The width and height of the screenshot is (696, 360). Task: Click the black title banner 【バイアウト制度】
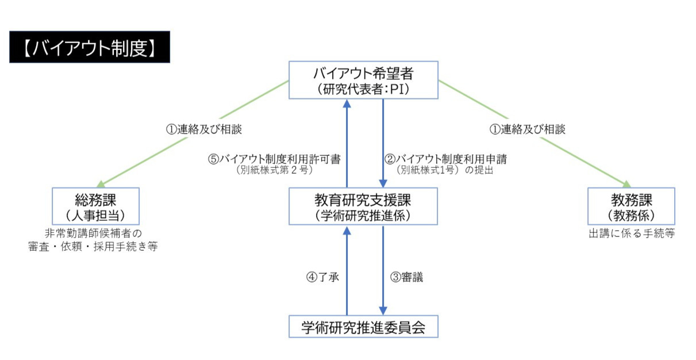click(x=90, y=47)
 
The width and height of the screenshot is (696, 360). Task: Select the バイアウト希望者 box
click(x=364, y=80)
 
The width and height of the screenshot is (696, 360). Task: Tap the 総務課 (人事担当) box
click(x=96, y=206)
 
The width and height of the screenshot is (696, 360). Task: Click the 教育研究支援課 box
click(x=363, y=206)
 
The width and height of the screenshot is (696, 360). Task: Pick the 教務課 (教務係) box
click(x=632, y=206)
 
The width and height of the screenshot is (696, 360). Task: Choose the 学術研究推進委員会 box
click(x=364, y=327)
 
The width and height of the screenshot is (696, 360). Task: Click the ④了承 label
click(x=322, y=277)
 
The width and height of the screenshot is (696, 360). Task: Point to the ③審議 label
click(x=406, y=277)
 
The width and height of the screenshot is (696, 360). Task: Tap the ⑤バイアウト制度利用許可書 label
click(x=274, y=159)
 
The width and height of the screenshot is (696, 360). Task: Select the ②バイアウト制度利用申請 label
click(x=445, y=159)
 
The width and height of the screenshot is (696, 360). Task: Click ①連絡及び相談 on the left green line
click(x=204, y=129)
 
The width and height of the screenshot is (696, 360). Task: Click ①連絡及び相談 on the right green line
click(x=528, y=129)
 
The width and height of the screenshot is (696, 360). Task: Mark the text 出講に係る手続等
click(x=632, y=233)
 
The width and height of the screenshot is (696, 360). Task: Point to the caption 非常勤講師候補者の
click(x=93, y=233)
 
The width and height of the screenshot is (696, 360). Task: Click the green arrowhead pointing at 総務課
click(x=101, y=185)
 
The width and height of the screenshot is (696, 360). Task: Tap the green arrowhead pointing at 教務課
click(x=626, y=184)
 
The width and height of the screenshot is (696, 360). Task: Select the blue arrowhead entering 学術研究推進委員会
click(x=383, y=311)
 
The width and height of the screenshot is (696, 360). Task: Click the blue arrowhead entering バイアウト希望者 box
click(x=347, y=104)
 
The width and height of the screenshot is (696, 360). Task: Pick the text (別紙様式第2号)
click(x=274, y=170)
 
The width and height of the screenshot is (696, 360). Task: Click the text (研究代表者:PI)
click(x=363, y=89)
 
